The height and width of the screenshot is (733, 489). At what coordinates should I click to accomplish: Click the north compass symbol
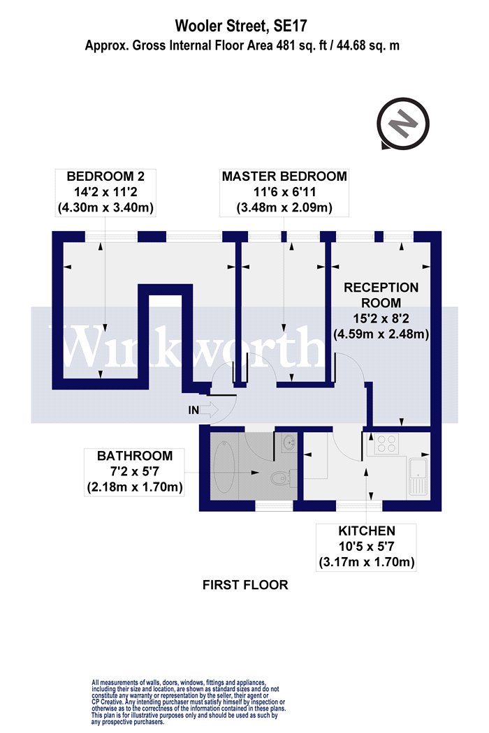[403, 124]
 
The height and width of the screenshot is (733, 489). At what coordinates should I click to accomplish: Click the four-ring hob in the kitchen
[386, 444]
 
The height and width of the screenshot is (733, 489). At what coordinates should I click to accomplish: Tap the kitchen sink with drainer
[418, 477]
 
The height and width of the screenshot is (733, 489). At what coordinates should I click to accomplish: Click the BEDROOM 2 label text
[105, 176]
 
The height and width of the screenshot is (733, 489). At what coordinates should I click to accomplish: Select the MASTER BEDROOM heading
[284, 176]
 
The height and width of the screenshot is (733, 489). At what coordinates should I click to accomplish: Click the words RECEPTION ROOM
[381, 295]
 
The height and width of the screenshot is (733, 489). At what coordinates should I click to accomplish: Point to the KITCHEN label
[367, 531]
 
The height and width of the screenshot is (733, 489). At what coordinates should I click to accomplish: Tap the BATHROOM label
[135, 455]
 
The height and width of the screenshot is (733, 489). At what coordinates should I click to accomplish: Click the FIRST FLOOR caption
[245, 585]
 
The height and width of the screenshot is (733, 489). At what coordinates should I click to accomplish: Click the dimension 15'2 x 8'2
[381, 319]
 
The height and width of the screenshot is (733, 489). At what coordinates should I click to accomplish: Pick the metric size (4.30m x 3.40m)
[105, 207]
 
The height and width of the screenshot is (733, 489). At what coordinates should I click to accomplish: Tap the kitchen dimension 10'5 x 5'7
[367, 546]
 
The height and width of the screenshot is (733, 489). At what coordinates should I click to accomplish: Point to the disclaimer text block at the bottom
[189, 702]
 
